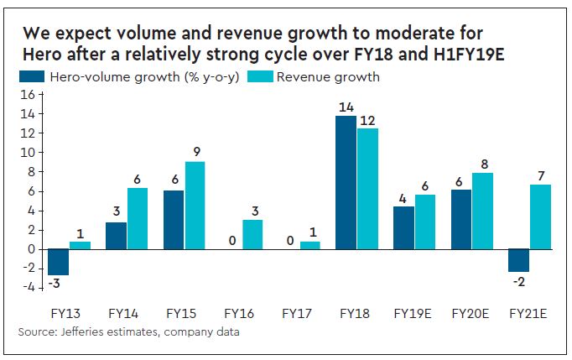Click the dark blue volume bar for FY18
point(346,182)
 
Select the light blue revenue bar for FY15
point(195,205)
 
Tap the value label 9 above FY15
point(195,151)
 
